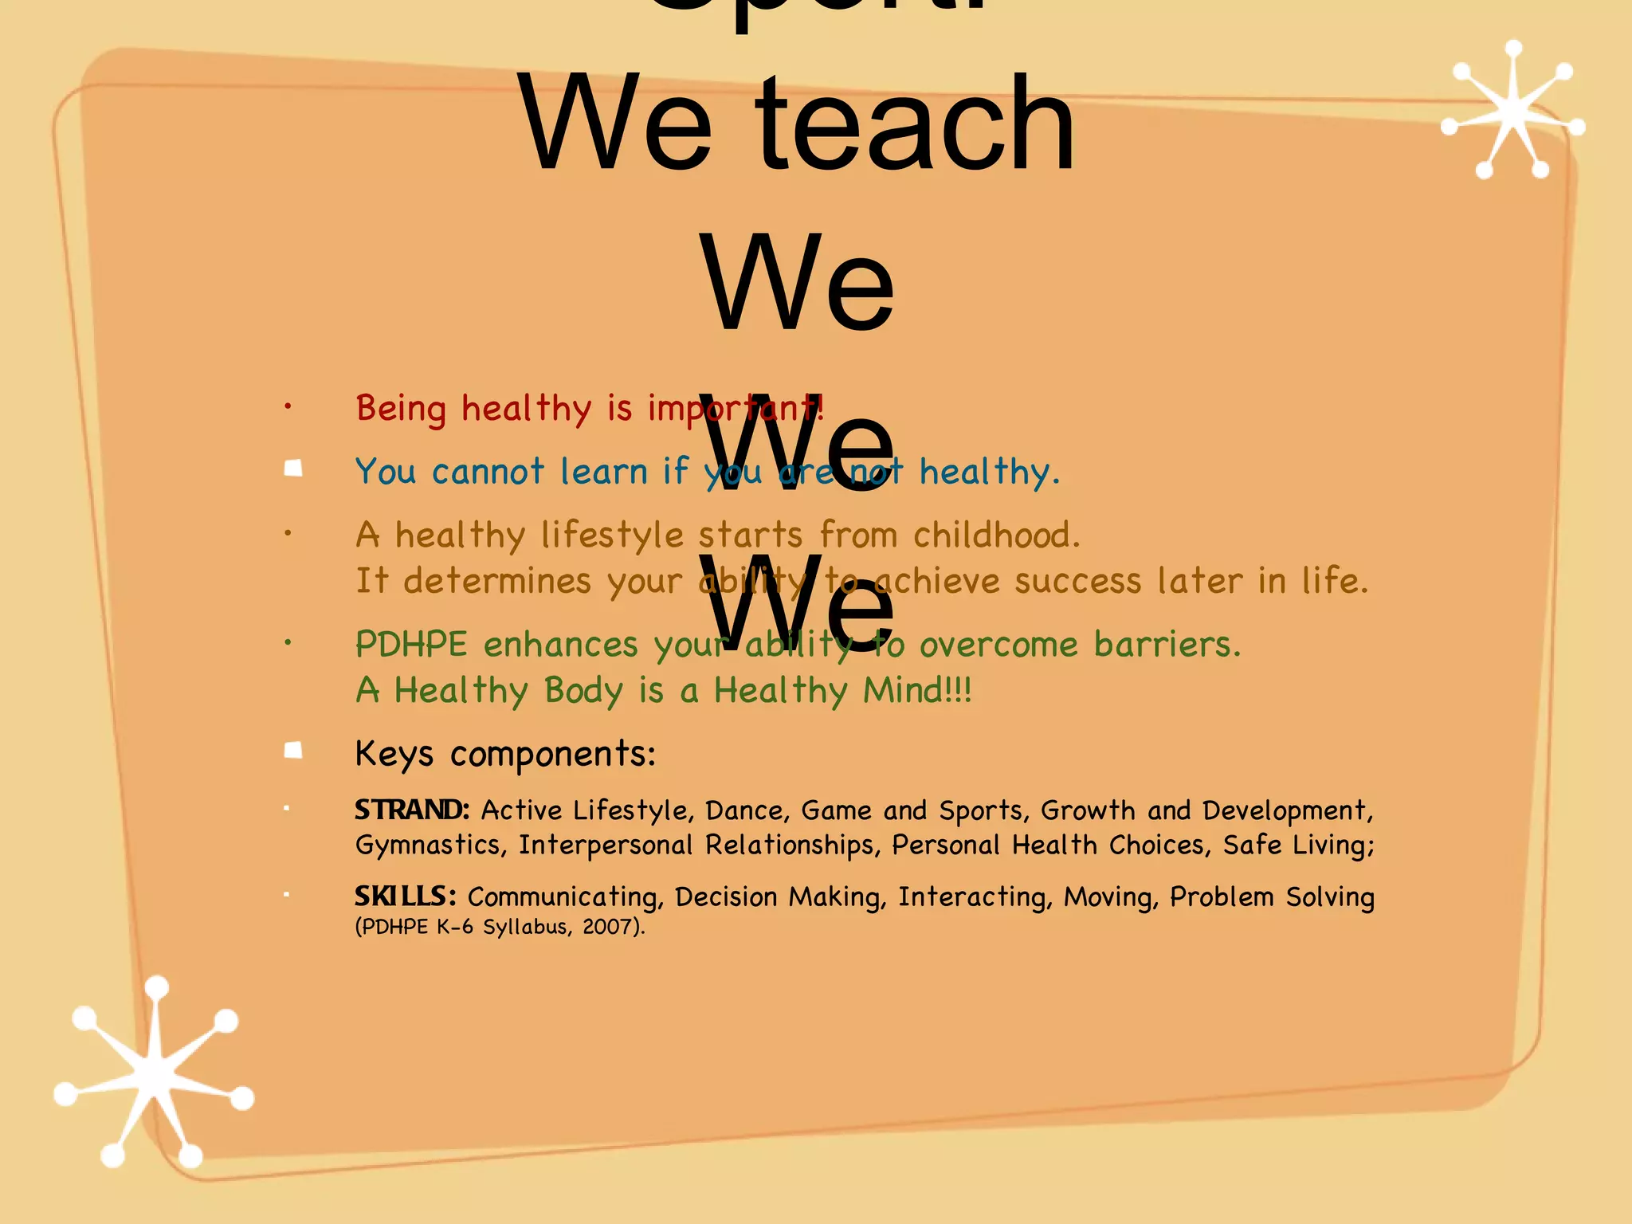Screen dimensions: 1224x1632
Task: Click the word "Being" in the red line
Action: tap(401, 409)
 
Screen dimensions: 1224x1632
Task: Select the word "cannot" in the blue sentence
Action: tap(488, 472)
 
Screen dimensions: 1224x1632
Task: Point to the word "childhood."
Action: tap(996, 535)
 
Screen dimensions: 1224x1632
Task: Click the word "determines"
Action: tap(497, 581)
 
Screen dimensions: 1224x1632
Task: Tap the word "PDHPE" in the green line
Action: tap(411, 644)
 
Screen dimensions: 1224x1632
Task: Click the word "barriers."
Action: tap(1167, 644)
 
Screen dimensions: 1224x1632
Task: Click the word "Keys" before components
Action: tap(394, 753)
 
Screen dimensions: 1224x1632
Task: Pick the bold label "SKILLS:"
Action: tap(405, 896)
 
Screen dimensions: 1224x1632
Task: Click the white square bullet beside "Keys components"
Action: tap(293, 751)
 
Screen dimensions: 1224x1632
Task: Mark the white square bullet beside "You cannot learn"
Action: tap(293, 469)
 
